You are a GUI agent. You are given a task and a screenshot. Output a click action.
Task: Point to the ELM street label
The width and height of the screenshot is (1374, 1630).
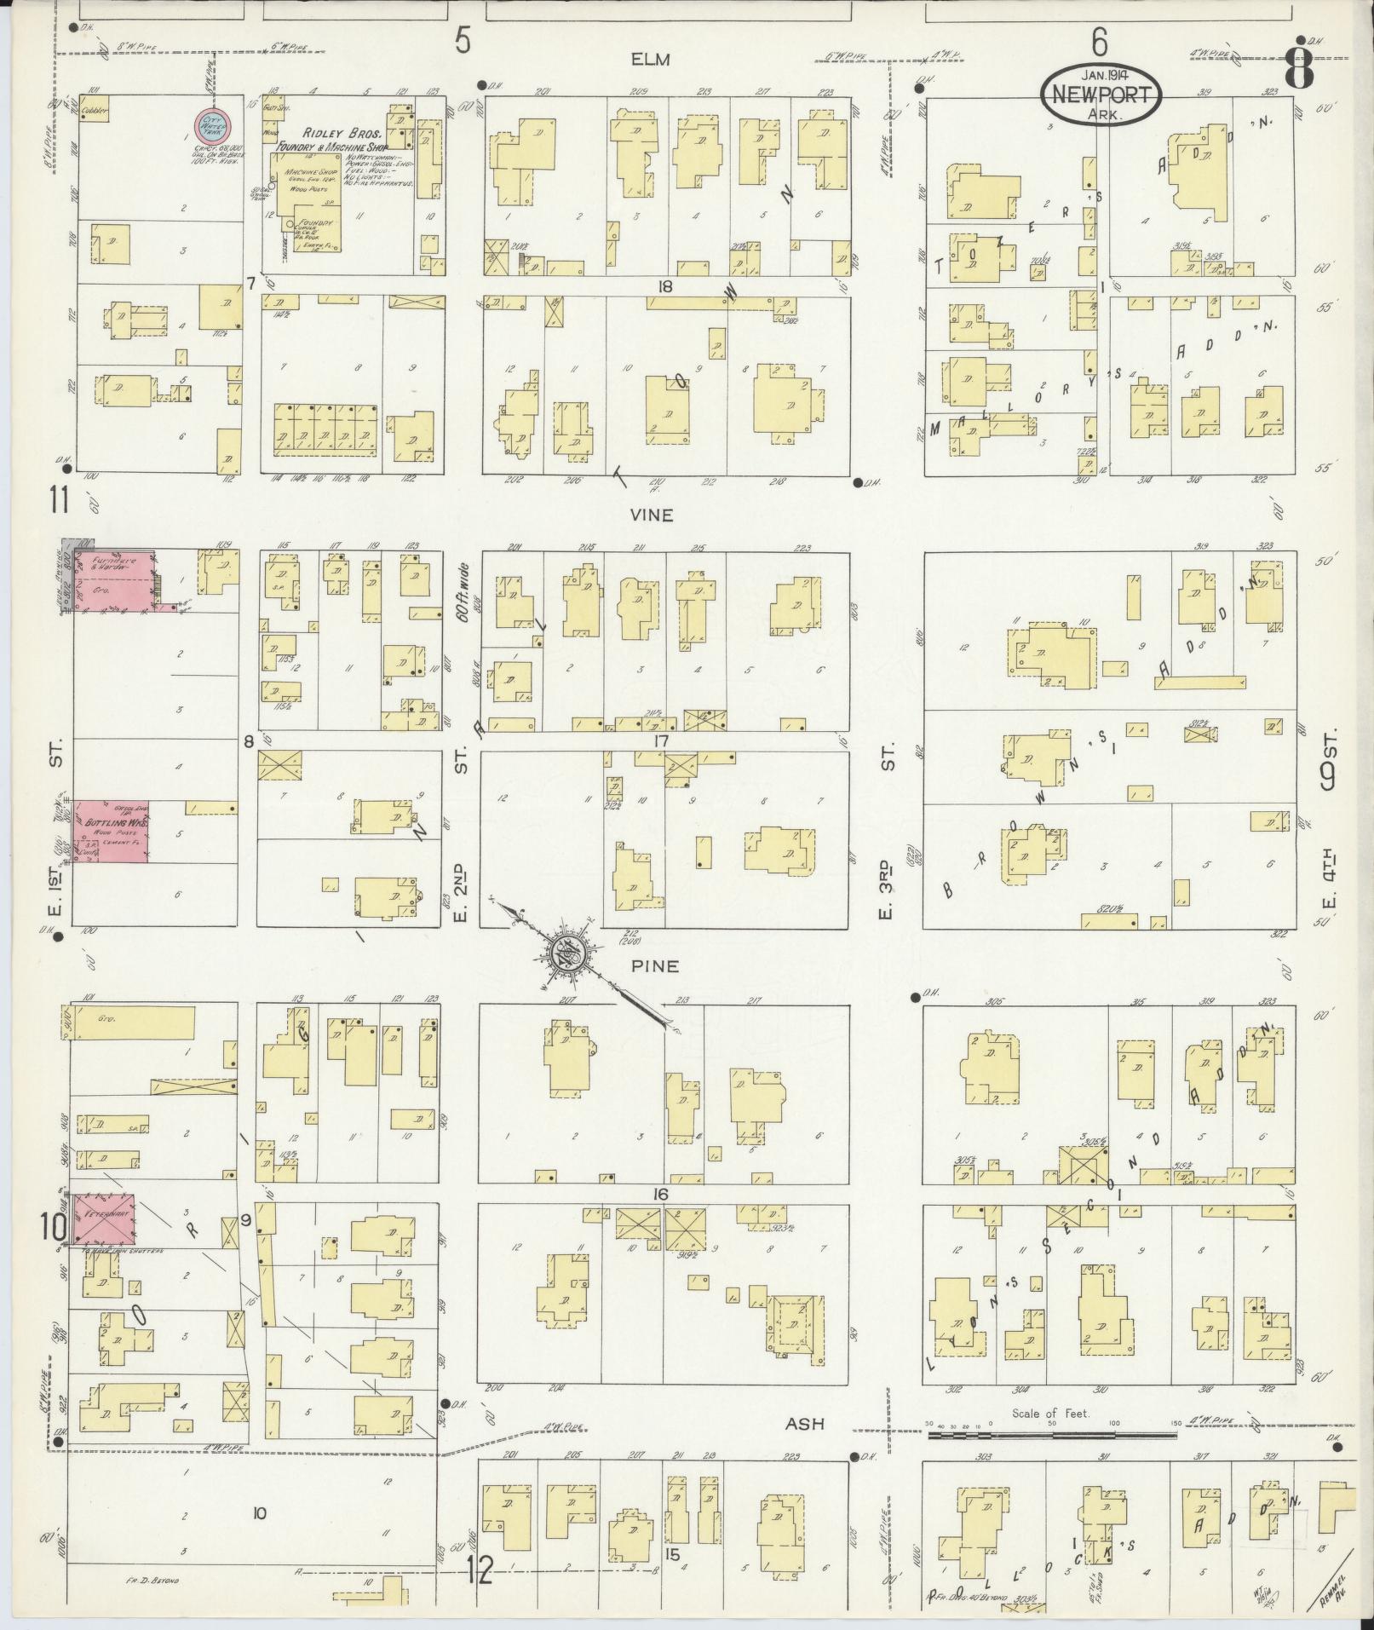point(651,60)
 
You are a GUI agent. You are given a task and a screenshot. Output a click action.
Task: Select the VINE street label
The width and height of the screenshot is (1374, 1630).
point(652,515)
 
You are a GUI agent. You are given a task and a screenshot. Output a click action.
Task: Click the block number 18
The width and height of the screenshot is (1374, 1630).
point(664,286)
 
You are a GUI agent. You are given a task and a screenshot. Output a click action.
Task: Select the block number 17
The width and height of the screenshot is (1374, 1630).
point(660,741)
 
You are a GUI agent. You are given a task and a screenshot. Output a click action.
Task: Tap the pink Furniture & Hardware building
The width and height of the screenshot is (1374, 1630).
point(115,579)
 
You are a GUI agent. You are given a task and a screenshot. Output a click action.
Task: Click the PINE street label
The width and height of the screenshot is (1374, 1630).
point(655,966)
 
